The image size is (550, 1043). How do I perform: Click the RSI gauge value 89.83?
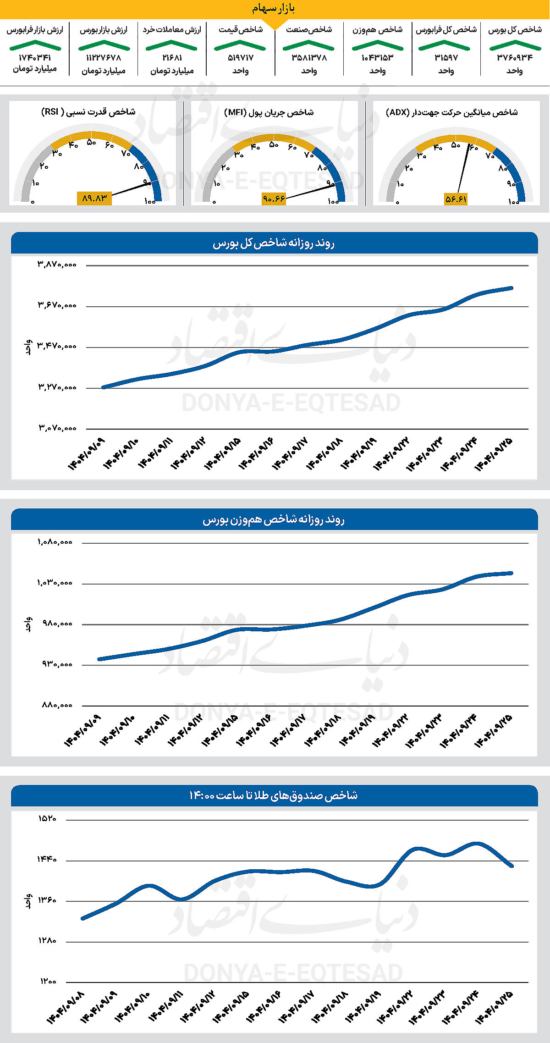point(94,198)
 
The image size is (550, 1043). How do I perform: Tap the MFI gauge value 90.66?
point(274,199)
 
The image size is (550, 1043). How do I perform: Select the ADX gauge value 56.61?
point(456,199)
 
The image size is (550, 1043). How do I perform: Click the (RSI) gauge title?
point(88,112)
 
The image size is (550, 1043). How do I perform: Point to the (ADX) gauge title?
point(452,112)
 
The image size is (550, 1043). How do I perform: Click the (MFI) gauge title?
point(269,112)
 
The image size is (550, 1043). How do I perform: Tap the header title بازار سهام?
point(273,8)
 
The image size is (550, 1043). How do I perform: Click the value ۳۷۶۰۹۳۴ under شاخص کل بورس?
point(515,58)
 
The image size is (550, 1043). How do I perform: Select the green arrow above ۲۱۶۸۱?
point(171,45)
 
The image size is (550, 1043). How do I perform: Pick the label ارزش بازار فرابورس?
point(35,30)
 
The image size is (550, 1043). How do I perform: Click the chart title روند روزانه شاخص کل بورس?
point(274,243)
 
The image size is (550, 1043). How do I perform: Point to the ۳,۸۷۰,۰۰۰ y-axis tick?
point(57,265)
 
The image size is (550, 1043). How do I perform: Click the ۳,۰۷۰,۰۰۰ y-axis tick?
point(57,428)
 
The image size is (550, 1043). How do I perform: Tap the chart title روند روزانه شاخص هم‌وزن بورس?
point(274,520)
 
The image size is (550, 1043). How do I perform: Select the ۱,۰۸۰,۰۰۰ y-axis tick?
point(55,542)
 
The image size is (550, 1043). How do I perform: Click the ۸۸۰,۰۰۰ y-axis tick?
point(57,705)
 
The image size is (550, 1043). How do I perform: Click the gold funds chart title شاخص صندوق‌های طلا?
point(274,795)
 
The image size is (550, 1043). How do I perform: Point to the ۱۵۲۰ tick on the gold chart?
point(47,819)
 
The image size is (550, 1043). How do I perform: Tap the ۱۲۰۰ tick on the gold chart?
point(48,981)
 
